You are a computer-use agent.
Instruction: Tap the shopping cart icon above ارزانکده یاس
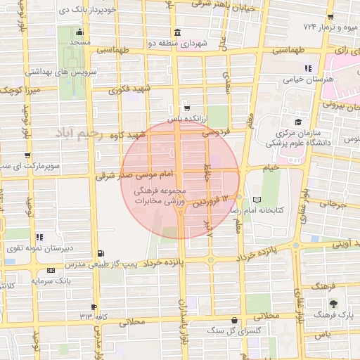click(186, 108)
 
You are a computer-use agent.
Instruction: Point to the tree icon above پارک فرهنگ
click(333, 304)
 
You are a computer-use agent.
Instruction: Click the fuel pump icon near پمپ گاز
click(103, 253)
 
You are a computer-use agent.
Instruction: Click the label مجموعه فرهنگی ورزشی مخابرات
click(161, 196)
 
